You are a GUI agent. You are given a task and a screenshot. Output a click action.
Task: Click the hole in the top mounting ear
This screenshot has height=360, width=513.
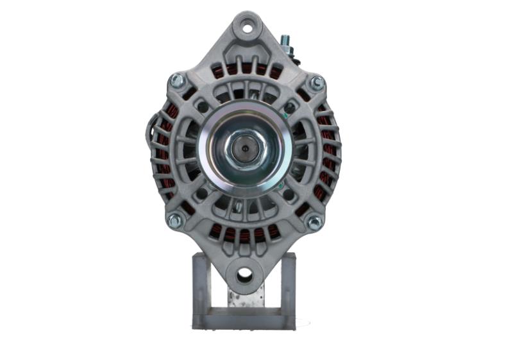tap(246, 28)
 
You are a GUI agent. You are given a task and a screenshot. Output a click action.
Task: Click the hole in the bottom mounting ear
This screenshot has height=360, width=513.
tap(244, 275)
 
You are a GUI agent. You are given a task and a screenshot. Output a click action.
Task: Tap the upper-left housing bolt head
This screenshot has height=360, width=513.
tap(176, 81)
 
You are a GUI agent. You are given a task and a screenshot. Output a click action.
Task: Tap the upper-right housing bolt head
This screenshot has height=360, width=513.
tap(316, 83)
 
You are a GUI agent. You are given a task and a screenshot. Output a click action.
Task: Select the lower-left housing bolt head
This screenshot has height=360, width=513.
tap(174, 220)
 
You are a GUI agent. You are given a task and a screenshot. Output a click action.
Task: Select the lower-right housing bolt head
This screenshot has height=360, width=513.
tap(314, 222)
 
